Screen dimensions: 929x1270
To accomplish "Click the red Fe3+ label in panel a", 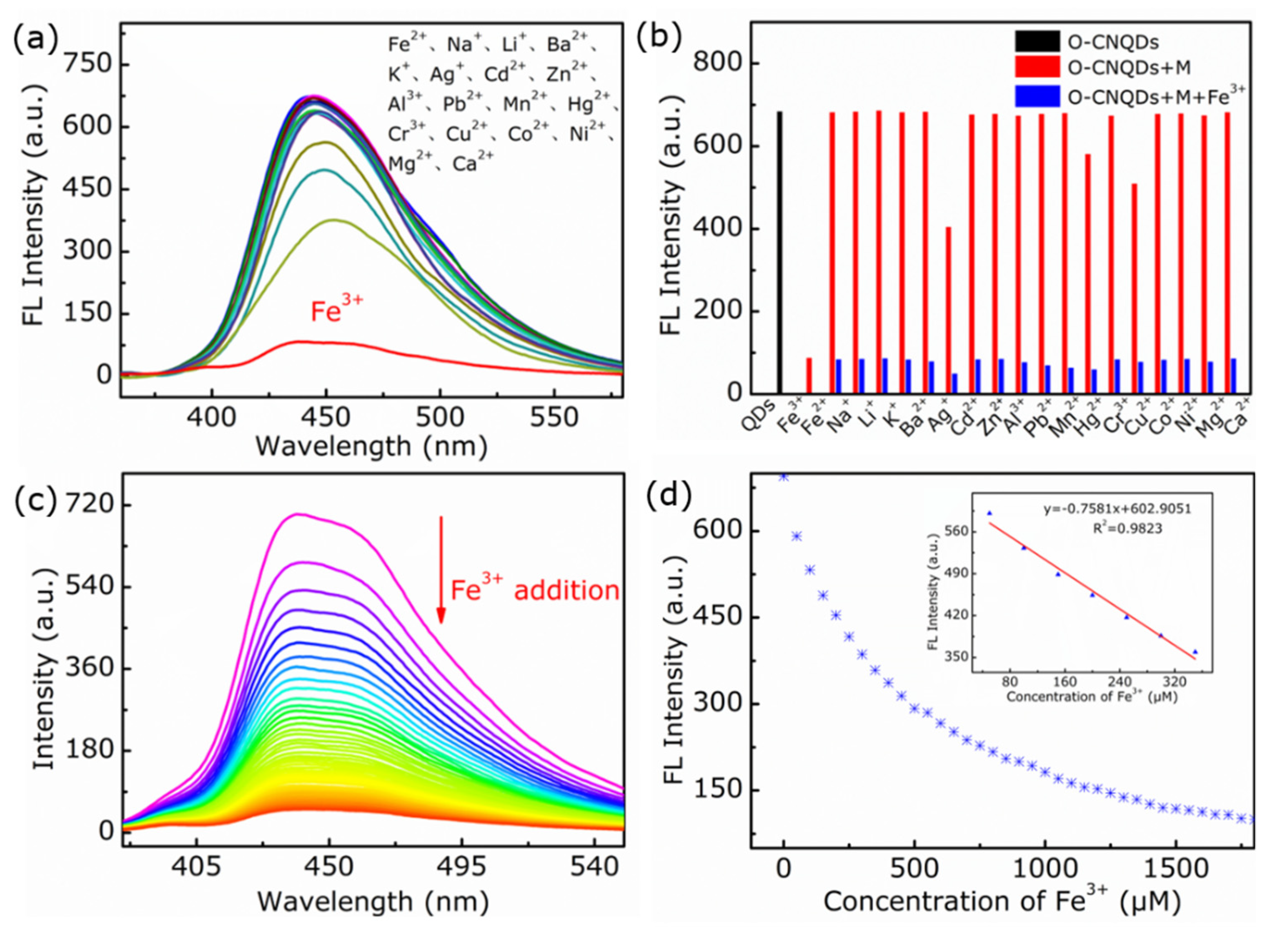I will pos(337,309).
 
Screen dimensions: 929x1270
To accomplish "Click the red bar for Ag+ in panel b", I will pos(948,309).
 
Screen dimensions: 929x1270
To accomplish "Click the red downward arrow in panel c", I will pos(441,568).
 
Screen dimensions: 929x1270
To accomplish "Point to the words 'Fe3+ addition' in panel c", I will pos(534,591).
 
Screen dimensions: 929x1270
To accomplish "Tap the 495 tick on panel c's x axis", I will pos(462,867).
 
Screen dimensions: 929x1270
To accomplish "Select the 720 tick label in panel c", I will pos(90,504).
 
